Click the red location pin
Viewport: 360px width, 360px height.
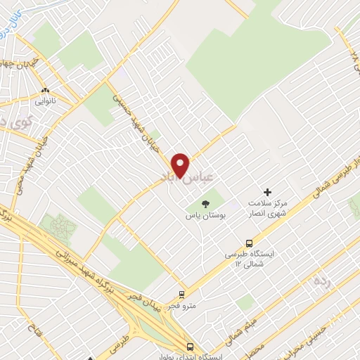pyautogui.click(x=181, y=164)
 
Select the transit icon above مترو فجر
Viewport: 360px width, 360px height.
pyautogui.click(x=183, y=294)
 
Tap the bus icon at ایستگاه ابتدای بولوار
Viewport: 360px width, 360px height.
pyautogui.click(x=190, y=346)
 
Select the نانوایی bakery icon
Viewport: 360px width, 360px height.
pyautogui.click(x=46, y=91)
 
